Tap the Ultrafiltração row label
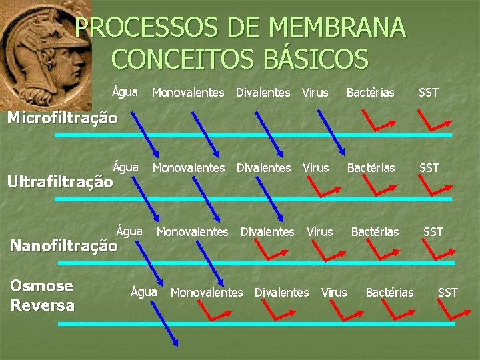tap(60, 181)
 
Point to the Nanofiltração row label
tap(63, 245)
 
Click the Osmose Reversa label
tap(42, 295)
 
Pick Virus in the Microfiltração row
tap(315, 93)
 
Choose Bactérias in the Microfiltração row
tap(370, 93)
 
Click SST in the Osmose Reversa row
tap(448, 292)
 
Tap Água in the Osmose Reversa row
tap(144, 291)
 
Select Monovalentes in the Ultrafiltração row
tap(189, 168)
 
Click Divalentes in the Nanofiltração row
tap(267, 232)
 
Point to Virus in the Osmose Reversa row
tap(334, 292)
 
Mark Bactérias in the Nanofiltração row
tap(375, 232)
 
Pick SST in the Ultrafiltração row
tap(429, 168)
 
